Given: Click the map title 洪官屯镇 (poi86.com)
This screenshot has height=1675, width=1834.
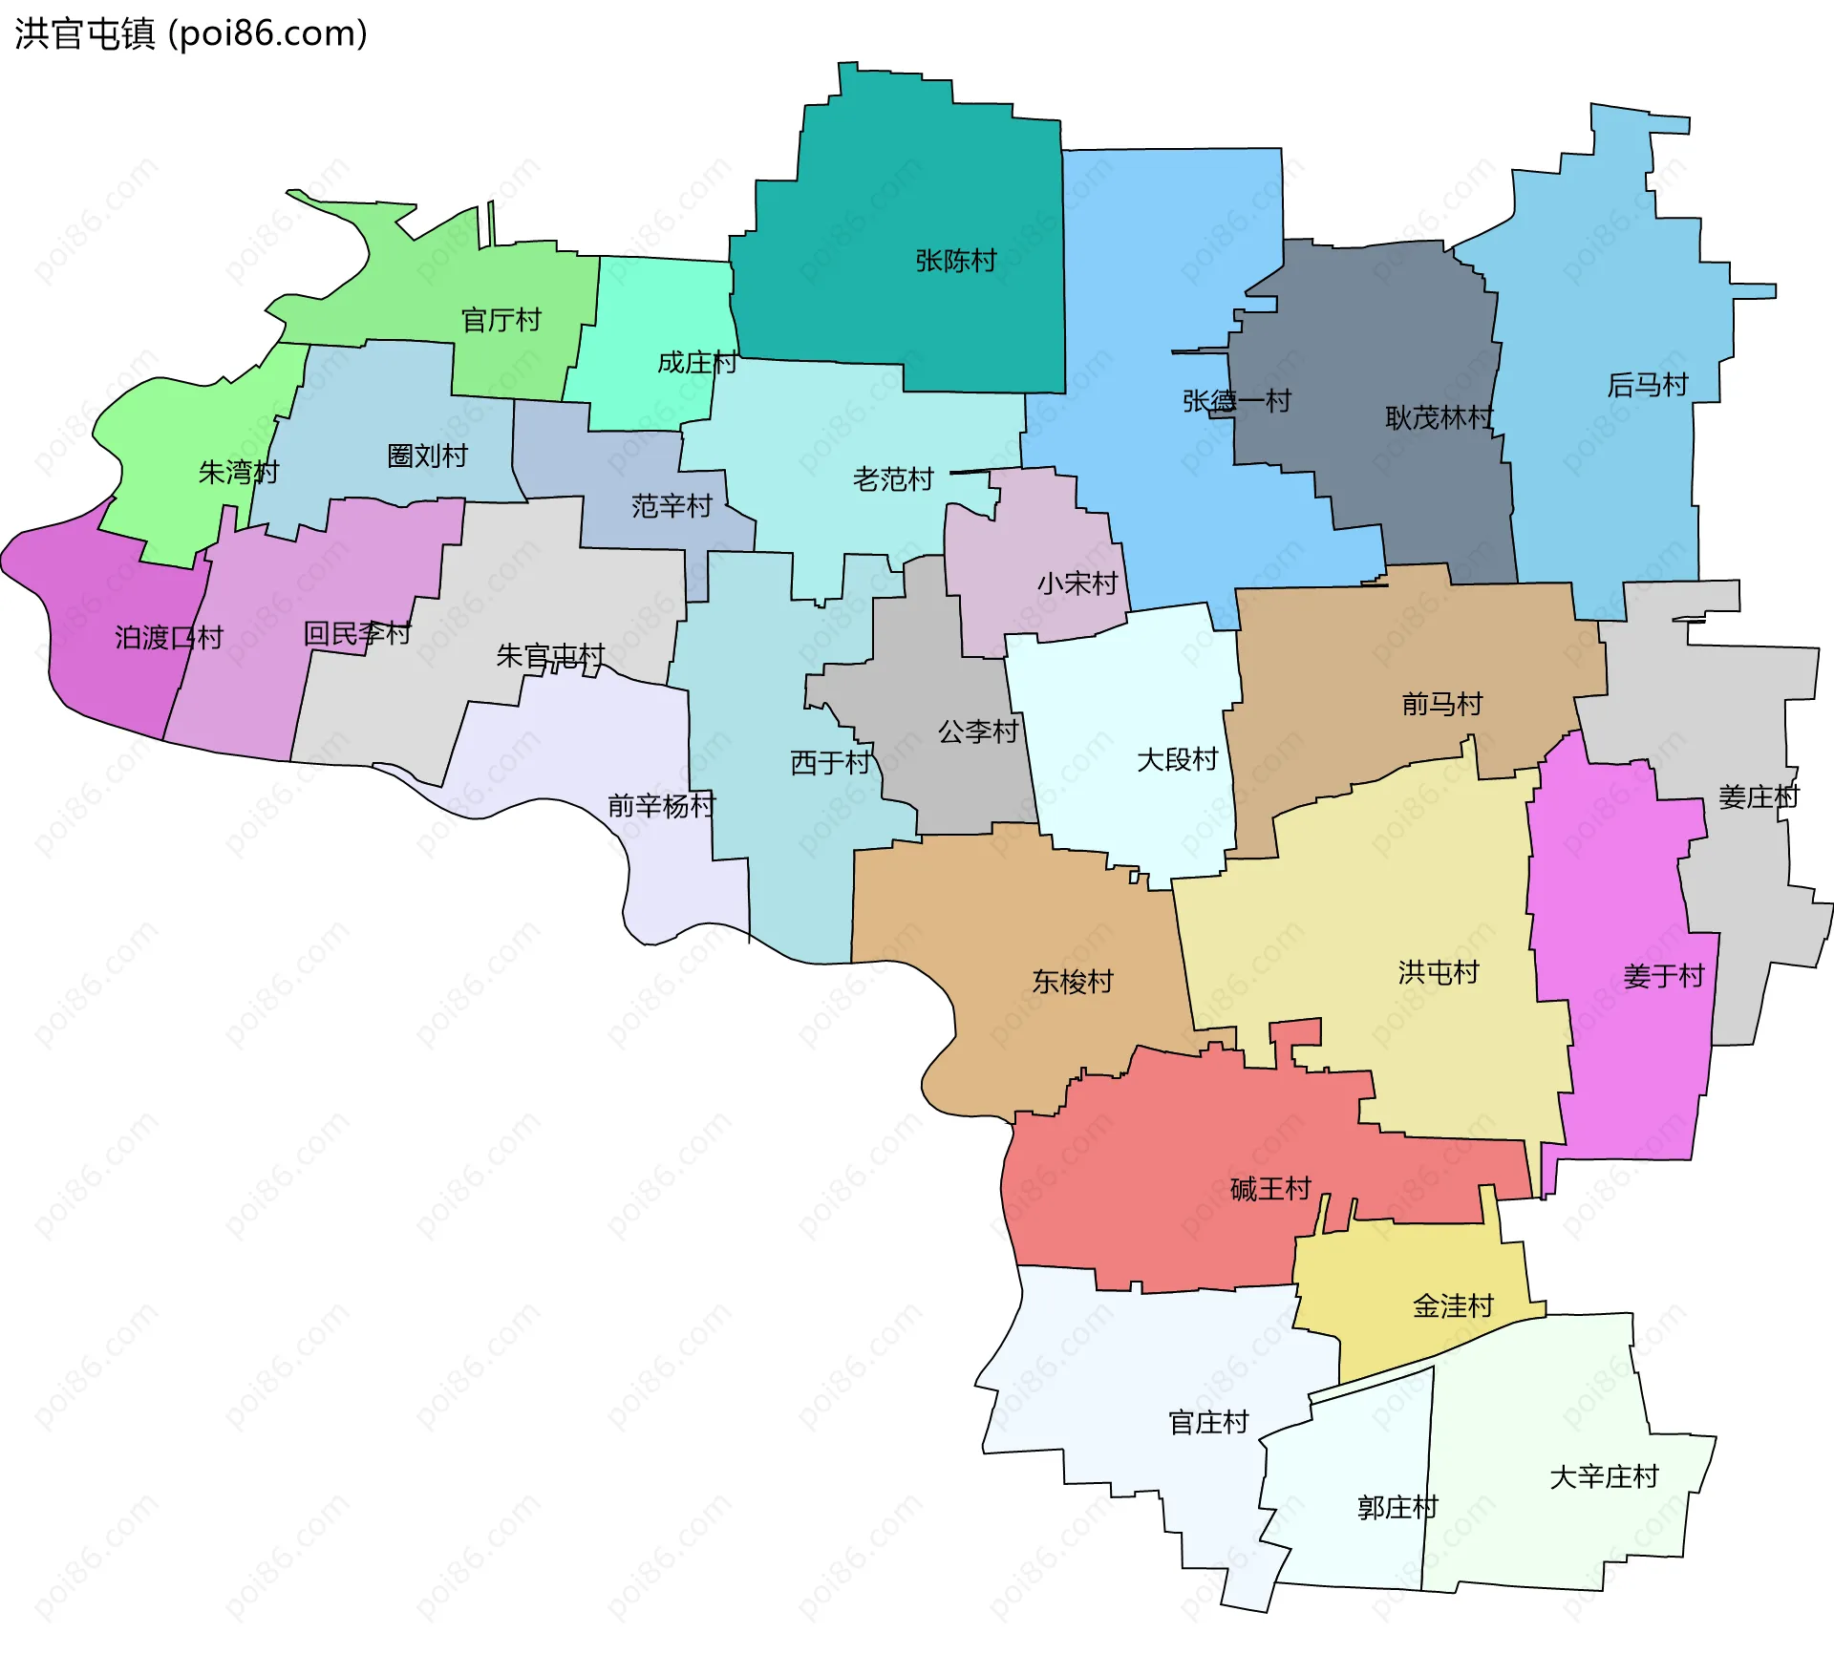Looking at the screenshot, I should click(x=191, y=33).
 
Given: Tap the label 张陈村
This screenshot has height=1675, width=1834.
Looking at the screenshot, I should click(x=955, y=261).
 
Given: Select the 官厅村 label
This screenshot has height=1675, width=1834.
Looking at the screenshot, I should click(x=501, y=320).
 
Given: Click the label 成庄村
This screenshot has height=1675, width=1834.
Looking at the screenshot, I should click(x=697, y=363).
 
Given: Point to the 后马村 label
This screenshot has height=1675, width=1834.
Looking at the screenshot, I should click(x=1648, y=385).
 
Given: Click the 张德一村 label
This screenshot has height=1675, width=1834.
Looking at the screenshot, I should click(x=1236, y=401).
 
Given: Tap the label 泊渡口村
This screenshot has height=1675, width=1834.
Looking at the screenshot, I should click(x=169, y=637).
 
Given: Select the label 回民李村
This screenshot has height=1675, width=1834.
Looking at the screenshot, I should click(x=357, y=633).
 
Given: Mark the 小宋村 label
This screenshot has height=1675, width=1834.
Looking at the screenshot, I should click(x=1077, y=583).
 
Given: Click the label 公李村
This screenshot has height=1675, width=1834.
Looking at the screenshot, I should click(x=978, y=731).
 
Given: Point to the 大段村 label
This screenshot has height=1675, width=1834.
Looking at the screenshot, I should click(x=1177, y=759).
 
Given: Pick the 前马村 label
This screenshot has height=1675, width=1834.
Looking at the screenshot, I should click(x=1441, y=704).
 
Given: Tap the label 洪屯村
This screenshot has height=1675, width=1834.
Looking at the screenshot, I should click(x=1439, y=972).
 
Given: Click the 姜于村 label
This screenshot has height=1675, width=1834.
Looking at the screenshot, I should click(x=1663, y=976).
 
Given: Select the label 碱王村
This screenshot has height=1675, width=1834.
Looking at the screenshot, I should click(x=1270, y=1189).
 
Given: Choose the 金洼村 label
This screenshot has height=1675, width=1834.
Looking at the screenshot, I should click(x=1453, y=1305).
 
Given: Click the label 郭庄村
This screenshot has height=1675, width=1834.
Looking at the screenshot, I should click(x=1397, y=1507).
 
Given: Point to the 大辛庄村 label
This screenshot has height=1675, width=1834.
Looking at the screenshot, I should click(x=1604, y=1476).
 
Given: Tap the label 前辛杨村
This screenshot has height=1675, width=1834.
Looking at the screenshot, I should click(x=661, y=805).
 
